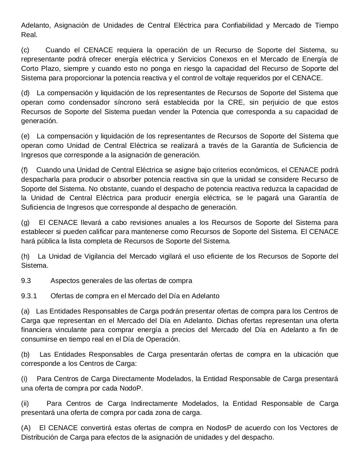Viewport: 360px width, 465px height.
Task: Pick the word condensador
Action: pyautogui.click(x=91, y=102)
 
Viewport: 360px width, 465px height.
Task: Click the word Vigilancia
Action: pyautogui.click(x=90, y=256)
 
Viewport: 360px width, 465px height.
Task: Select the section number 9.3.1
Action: pyautogui.click(x=29, y=296)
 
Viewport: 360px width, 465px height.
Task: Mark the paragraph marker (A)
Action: pyautogui.click(x=26, y=428)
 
